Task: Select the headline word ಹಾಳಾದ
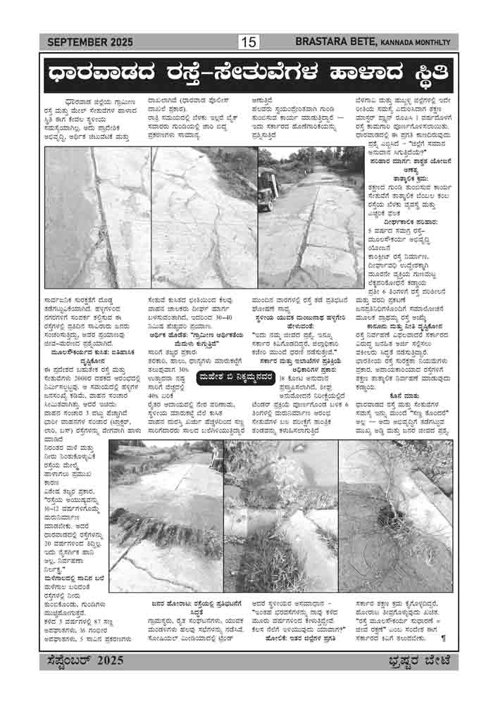[x=359, y=73]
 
